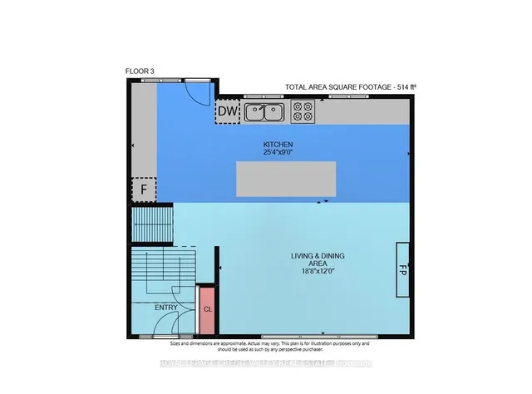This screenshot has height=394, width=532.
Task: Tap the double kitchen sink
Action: point(265,111)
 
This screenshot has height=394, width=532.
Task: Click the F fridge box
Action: point(144,190)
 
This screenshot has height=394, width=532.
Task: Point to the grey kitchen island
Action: point(286,178)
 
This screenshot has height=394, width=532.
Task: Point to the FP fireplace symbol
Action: point(401,270)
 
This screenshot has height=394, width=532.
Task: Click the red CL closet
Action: point(207,309)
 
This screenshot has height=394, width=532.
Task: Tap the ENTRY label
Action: point(166,308)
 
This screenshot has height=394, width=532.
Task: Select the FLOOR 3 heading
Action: point(140,72)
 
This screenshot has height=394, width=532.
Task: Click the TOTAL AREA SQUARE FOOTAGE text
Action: point(337,86)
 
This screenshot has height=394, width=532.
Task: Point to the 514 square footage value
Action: point(402,86)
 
